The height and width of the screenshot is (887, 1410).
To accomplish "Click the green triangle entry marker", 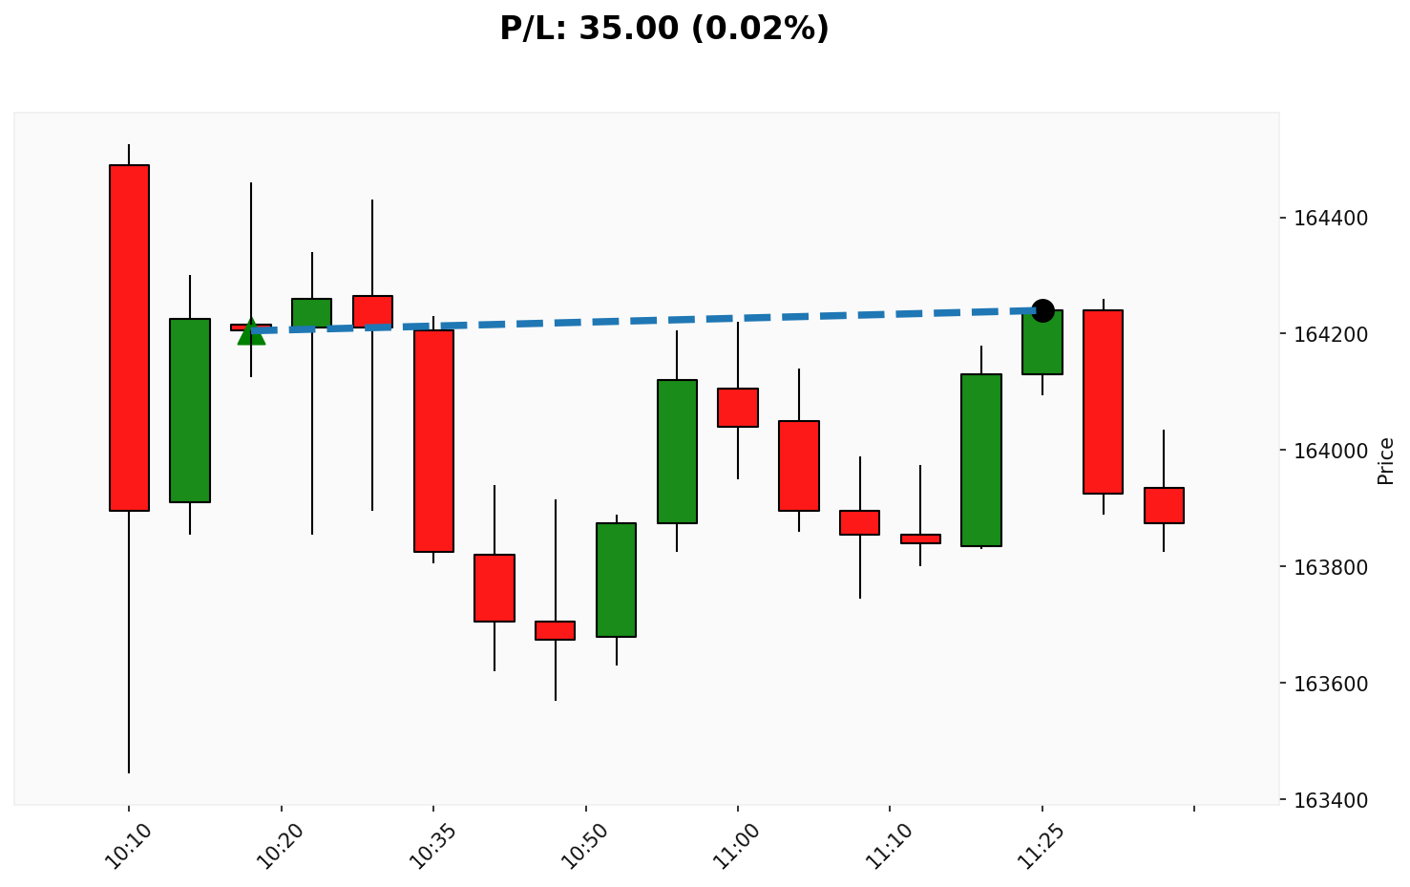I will tap(251, 331).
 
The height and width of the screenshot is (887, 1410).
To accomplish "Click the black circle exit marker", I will tap(1042, 310).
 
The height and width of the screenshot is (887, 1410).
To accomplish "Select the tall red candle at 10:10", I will tap(129, 337).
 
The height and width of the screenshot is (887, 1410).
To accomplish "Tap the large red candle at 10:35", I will tap(433, 440).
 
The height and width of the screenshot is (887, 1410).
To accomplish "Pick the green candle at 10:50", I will tap(616, 580).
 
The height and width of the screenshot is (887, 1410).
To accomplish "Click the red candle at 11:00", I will tap(738, 408).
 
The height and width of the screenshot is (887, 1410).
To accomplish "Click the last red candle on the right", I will tap(1164, 505).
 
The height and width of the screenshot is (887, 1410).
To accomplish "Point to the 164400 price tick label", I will tap(1330, 219).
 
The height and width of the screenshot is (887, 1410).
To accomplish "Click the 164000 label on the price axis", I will tap(1330, 451).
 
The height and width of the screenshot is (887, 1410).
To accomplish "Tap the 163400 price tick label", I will tap(1330, 800).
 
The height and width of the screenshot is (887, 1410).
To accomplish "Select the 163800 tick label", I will tap(1330, 567).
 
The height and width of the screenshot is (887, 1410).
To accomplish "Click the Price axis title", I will tap(1386, 460).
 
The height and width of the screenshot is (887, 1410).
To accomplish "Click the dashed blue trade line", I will tap(649, 321).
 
